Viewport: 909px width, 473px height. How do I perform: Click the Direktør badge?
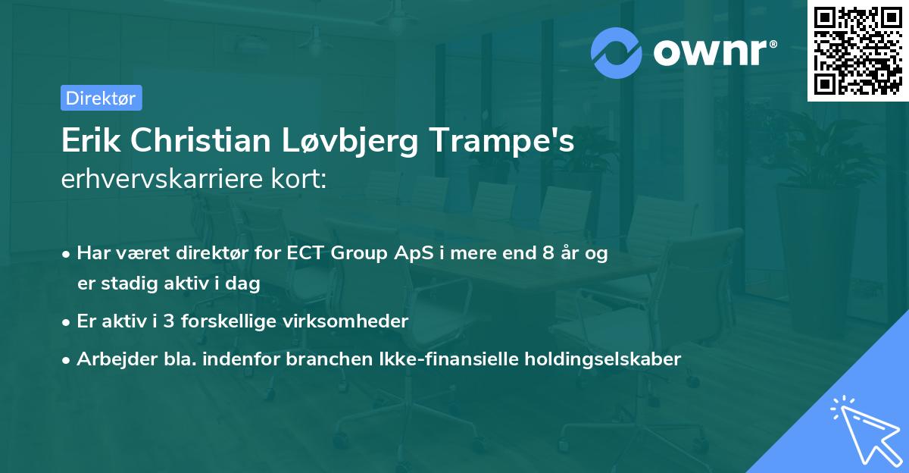101,98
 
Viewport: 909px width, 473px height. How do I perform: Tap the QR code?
858,51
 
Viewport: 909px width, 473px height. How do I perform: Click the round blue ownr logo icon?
617,52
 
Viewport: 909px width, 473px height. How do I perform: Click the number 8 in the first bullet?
548,253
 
